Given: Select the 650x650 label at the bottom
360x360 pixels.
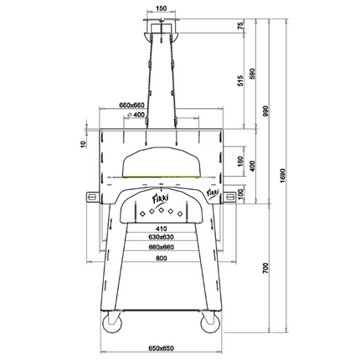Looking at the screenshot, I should click(160, 347).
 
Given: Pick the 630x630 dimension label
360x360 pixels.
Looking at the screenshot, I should click(160, 238).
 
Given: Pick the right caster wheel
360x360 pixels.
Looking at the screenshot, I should click(206, 321).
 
